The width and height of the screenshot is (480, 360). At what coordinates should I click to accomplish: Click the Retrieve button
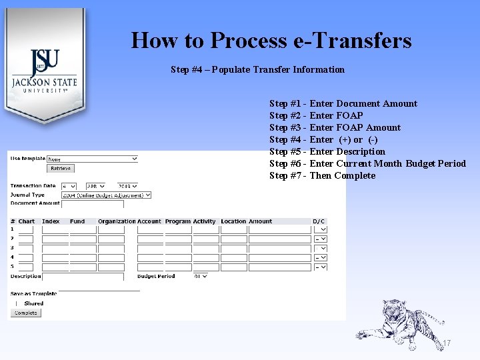60,169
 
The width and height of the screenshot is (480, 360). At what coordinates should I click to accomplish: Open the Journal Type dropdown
106,195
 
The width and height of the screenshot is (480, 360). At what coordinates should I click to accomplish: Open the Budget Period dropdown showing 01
201,276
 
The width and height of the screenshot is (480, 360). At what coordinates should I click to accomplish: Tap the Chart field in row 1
25,229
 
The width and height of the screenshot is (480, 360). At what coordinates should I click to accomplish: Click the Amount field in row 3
279,248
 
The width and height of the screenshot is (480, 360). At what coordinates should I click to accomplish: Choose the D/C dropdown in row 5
320,267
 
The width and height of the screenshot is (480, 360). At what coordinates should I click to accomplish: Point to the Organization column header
117,221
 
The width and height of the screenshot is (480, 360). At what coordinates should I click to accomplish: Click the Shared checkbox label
33,303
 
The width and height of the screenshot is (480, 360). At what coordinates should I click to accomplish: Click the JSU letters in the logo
45,63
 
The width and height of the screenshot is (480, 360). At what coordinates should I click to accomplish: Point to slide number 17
447,343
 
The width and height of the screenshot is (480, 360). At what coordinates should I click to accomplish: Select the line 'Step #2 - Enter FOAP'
316,115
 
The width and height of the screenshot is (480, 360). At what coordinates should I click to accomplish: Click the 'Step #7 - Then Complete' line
322,175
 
